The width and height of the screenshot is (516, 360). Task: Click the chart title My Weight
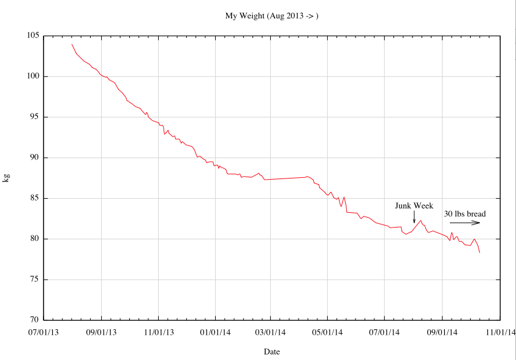[x=271, y=15]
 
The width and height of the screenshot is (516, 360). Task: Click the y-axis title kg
[x=7, y=178]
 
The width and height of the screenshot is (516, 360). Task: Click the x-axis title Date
[x=271, y=351]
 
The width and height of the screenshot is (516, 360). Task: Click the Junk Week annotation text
[x=414, y=205]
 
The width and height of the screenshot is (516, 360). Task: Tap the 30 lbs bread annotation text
[x=465, y=213]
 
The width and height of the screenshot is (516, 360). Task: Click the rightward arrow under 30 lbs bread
[x=465, y=223]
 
